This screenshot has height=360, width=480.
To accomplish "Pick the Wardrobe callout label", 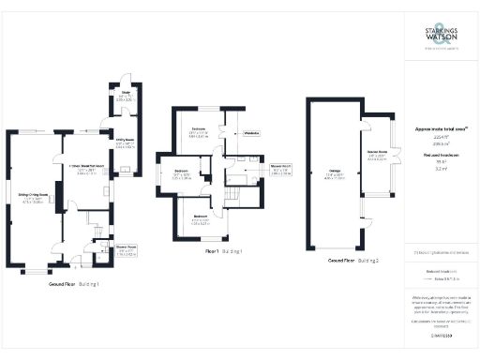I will (x=251, y=133).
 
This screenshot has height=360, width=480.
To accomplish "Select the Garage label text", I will (x=333, y=172).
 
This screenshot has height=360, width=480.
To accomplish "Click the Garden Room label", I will (x=378, y=151).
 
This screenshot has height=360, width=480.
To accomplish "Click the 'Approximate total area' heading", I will (x=440, y=128).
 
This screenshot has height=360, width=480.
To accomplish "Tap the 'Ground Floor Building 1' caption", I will (x=74, y=283).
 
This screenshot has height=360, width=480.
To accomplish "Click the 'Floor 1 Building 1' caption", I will (x=224, y=251).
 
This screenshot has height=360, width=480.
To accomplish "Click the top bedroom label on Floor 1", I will (x=199, y=129).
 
